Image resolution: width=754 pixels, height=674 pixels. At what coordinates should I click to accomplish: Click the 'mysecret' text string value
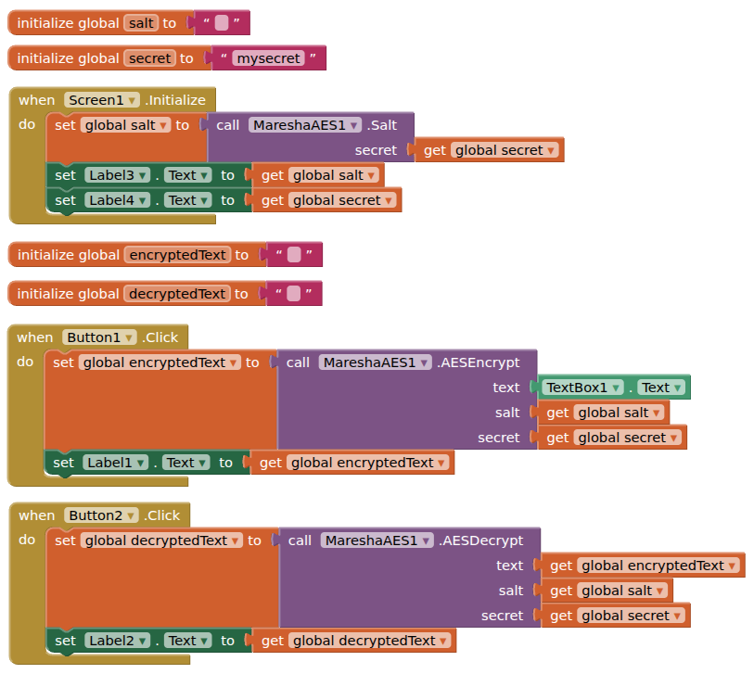[x=268, y=58]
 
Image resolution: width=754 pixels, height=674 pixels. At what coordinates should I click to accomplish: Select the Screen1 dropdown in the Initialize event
[x=102, y=100]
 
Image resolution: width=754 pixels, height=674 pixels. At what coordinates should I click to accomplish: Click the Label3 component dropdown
[x=117, y=175]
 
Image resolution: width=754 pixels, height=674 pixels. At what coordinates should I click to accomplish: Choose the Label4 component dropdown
[x=117, y=200]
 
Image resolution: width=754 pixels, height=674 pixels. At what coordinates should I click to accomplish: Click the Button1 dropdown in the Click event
[x=99, y=337]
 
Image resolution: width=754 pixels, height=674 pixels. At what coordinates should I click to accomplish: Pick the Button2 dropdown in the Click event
[x=101, y=515]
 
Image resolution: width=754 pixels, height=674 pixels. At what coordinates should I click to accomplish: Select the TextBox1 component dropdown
[x=582, y=388]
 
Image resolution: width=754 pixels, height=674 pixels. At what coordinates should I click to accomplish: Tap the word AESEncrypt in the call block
[x=479, y=362]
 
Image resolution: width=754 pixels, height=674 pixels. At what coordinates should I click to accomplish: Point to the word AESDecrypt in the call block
[x=482, y=540]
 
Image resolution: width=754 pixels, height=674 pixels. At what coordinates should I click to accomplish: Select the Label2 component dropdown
[x=117, y=641]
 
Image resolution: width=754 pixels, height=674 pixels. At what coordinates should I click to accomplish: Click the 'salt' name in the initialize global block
[x=141, y=23]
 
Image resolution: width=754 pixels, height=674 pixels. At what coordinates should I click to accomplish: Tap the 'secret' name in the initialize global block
[x=149, y=58]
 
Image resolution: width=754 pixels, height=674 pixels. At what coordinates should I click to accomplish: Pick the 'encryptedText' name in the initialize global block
[x=176, y=255]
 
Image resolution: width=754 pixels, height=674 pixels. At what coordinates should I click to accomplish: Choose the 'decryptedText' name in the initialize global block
[x=176, y=294]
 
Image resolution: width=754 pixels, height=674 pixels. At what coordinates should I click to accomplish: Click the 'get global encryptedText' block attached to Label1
[x=352, y=463]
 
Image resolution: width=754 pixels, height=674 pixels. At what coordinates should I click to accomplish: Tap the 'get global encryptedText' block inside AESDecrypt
[x=642, y=566]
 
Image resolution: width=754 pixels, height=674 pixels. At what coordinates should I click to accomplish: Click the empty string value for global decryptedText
[x=293, y=294]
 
